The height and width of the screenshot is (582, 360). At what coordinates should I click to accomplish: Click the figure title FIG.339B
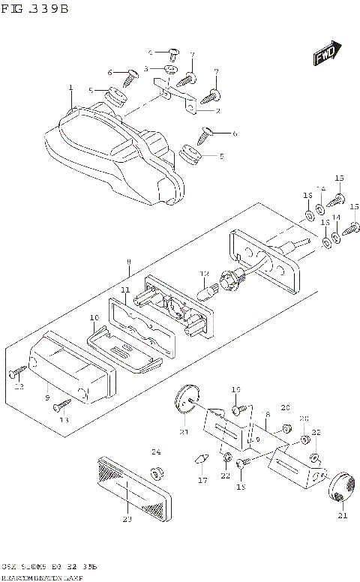tap(35, 10)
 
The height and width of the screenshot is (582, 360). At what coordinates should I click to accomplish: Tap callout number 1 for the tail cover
tap(70, 88)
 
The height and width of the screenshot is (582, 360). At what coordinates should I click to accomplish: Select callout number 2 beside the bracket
tap(217, 111)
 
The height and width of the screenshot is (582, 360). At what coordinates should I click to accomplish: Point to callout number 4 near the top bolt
tap(150, 52)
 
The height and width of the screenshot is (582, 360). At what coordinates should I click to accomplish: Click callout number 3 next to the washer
tap(148, 69)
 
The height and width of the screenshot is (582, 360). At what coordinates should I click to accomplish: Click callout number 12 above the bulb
tap(203, 274)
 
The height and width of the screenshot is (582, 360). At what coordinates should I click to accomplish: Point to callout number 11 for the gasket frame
tap(125, 289)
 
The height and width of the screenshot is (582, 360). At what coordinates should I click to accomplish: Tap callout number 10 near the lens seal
tap(94, 318)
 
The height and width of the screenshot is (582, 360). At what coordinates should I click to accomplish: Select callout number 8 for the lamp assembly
tap(128, 262)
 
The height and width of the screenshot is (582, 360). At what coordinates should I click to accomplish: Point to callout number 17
tap(201, 479)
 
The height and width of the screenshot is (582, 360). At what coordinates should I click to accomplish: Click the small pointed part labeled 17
tap(201, 459)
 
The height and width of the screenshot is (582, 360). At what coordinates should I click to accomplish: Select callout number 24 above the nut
tap(156, 451)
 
